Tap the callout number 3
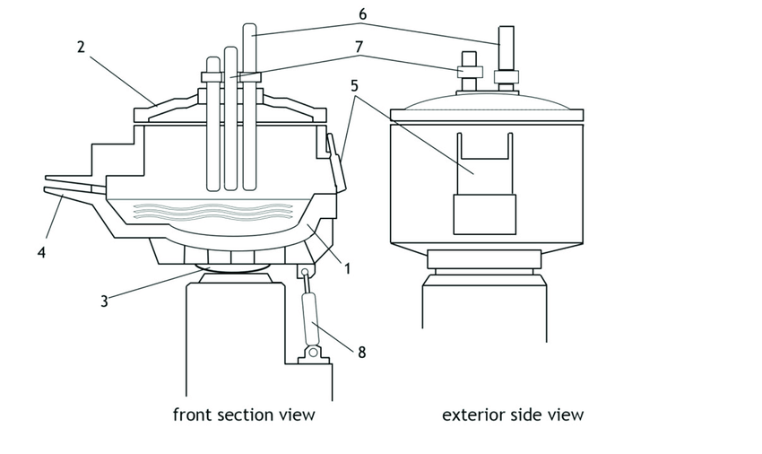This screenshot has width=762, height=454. pos(104,301)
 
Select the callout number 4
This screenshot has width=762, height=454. pos(41,253)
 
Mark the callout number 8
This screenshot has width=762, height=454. pos(361,353)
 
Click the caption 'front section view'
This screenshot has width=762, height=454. pos(244,415)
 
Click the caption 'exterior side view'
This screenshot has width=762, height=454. pos(513,415)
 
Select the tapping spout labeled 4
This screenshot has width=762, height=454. pos(76,190)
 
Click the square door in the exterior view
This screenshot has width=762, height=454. pos(484,215)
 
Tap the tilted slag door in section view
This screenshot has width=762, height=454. pos(336,162)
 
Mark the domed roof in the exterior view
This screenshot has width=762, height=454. pos(487,101)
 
